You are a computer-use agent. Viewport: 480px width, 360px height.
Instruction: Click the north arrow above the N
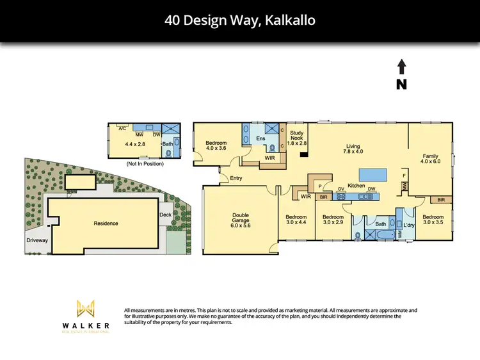[x=402, y=67]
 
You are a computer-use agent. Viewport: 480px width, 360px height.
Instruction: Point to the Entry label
[x=236, y=178]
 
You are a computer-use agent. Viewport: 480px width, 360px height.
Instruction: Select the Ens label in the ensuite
[x=260, y=138]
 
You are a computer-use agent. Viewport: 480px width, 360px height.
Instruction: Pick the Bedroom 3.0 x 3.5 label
[x=433, y=220]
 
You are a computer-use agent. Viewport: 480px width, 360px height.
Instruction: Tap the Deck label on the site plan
[x=165, y=215]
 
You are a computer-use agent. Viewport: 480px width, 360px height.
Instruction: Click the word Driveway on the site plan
[x=37, y=240]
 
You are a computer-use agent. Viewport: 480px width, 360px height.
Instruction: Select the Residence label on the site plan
[x=106, y=224]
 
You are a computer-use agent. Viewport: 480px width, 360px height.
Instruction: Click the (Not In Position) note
[x=145, y=164]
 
